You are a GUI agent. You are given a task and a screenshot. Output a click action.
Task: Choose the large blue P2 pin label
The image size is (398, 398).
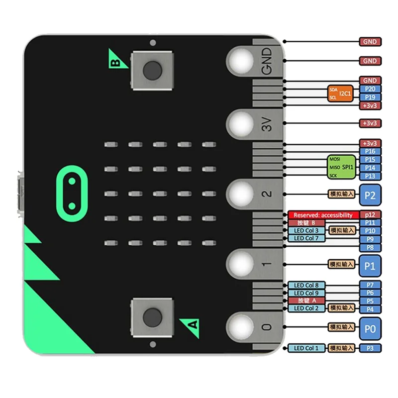pyautogui.click(x=370, y=195)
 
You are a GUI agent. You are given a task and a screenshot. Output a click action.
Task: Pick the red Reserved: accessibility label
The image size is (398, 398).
pyautogui.click(x=323, y=215)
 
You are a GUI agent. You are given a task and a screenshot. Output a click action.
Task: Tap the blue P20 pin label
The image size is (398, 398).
pyautogui.click(x=370, y=89)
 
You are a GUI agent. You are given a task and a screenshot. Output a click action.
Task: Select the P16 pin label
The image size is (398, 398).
pyautogui.click(x=370, y=151)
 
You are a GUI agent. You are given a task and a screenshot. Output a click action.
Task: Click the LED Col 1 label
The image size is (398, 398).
pyautogui.click(x=306, y=348)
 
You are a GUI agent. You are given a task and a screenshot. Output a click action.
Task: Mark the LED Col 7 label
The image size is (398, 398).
pyautogui.click(x=306, y=239)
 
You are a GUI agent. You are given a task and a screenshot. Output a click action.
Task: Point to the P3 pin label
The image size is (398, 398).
pyautogui.click(x=370, y=348)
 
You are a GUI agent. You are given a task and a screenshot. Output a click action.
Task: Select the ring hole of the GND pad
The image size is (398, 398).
pyautogui.click(x=242, y=60)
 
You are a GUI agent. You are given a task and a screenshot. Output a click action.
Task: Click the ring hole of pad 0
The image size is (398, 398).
pyautogui.click(x=242, y=326)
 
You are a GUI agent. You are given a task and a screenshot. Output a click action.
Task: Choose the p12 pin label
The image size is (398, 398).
pyautogui.click(x=370, y=215)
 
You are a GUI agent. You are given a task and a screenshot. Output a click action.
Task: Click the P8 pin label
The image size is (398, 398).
pyautogui.click(x=370, y=247)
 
